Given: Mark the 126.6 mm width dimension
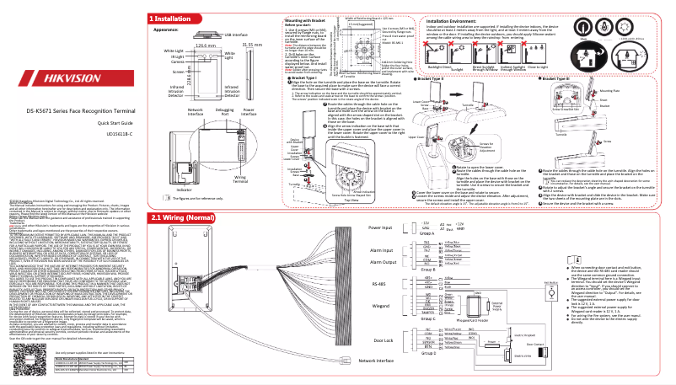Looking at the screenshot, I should click(201, 44).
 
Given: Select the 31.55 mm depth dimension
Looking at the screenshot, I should click(254, 44).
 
